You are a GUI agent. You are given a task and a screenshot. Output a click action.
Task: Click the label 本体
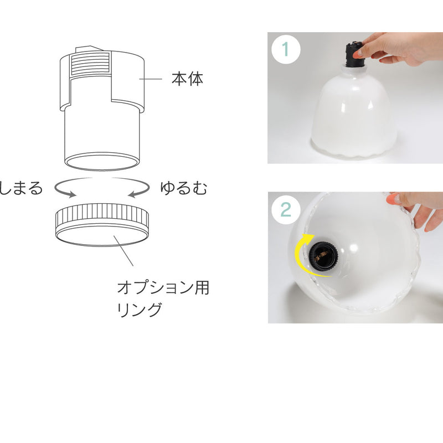187,79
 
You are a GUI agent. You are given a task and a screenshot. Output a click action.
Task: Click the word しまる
21,188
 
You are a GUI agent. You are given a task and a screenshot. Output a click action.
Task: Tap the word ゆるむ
184,188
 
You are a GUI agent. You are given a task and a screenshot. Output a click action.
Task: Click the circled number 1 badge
285,49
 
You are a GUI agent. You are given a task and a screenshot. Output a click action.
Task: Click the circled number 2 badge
286,209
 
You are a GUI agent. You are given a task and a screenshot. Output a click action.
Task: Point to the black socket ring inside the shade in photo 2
323,257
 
